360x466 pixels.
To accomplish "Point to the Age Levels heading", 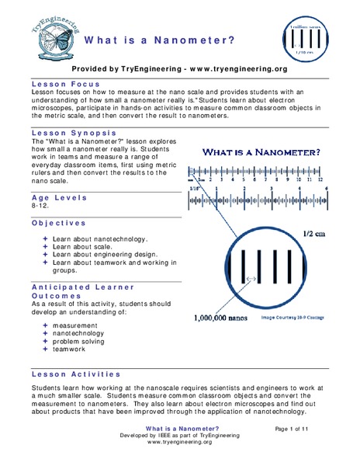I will (x=57, y=198).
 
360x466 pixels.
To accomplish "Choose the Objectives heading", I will (x=57, y=222).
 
